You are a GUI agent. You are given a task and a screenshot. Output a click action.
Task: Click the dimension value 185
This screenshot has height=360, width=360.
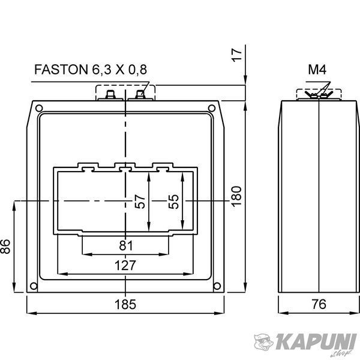tap(125, 304)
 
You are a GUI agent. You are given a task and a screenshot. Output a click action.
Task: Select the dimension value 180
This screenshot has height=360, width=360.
tap(236, 197)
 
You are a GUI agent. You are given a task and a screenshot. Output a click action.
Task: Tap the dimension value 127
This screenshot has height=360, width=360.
tap(125, 265)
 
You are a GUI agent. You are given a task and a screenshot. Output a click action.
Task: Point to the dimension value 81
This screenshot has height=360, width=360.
tap(126, 245)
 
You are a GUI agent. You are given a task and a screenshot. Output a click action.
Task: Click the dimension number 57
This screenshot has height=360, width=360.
tap(140, 202)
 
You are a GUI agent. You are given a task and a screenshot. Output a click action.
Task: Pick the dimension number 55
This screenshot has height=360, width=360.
tap(173, 202)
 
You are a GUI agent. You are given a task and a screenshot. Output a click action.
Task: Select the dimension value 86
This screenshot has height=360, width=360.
tap(5, 247)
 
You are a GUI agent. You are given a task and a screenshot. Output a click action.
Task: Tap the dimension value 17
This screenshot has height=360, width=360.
tap(236, 55)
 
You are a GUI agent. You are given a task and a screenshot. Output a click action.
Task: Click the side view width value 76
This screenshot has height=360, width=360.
tap(319, 304)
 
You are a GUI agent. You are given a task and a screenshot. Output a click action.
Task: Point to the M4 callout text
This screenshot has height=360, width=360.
tap(317, 70)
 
